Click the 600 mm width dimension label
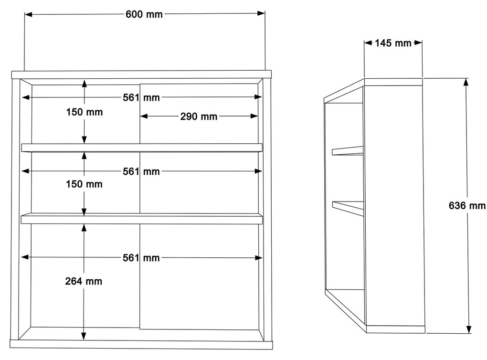pyautogui.click(x=144, y=14)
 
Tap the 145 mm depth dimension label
pyautogui.click(x=393, y=43)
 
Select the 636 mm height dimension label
pyautogui.click(x=467, y=205)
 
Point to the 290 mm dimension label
pyautogui.click(x=199, y=116)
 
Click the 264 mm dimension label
pyautogui.click(x=84, y=281)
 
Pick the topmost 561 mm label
pyautogui.click(x=141, y=97)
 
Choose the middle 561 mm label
pyautogui.click(x=141, y=171)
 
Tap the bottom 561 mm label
pyautogui.click(x=141, y=258)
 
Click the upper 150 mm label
pyautogui.click(x=84, y=112)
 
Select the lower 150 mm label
pyautogui.click(x=84, y=184)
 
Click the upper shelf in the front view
pyautogui.click(x=142, y=148)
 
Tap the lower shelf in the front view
pyautogui.click(x=142, y=218)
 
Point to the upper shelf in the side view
pyautogui.click(x=348, y=150)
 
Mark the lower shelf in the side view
pyautogui.click(x=348, y=209)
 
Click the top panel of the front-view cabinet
pyautogui.click(x=142, y=74)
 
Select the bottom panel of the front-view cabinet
pyautogui.click(x=141, y=344)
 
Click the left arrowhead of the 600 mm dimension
pyautogui.click(x=28, y=14)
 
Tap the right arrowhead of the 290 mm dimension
pyautogui.click(x=254, y=116)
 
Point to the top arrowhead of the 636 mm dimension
pyautogui.click(x=466, y=82)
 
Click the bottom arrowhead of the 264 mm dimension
pyautogui.click(x=84, y=336)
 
